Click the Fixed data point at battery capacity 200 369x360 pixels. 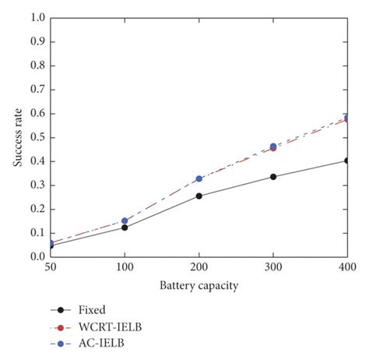tap(199, 196)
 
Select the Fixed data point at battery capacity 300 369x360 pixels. tap(273, 177)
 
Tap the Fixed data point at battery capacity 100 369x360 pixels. tap(125, 227)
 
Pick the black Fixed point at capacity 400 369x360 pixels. tap(347, 161)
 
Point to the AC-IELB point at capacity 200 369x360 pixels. tap(199, 178)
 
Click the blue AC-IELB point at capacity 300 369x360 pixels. tap(273, 146)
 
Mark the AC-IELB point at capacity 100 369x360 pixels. tap(125, 221)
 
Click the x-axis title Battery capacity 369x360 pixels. tap(199, 286)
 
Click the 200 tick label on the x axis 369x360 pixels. tap(199, 267)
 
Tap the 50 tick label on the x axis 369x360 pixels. tap(50, 267)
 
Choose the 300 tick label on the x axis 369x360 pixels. tap(273, 267)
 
